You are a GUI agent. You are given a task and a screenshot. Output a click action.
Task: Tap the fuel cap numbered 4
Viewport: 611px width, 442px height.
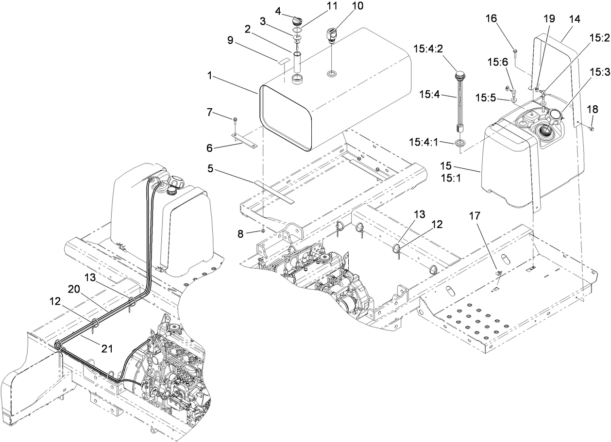tap(296, 21)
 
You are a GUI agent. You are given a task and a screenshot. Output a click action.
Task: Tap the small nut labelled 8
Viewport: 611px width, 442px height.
tap(263, 231)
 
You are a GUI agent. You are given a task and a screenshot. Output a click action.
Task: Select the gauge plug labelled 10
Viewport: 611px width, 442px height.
tap(331, 36)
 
